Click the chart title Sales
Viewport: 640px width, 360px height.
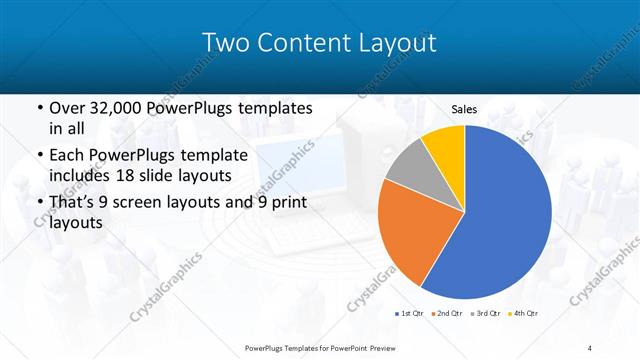point(463,109)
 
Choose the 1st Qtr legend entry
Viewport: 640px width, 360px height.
point(410,313)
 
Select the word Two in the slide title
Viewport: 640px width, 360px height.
point(227,42)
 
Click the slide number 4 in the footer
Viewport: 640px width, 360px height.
point(591,348)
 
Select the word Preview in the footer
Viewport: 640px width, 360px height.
point(395,348)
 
